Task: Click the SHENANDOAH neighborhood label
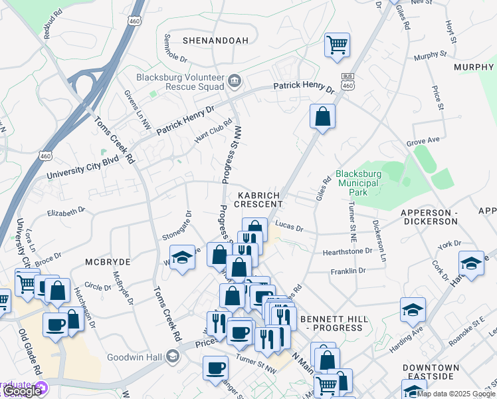point(206,41)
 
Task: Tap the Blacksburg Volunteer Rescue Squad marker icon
point(235,81)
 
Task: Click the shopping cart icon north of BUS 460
point(337,45)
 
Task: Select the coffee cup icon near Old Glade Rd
point(56,326)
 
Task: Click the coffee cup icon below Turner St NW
point(215,368)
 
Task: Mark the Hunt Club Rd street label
point(213,130)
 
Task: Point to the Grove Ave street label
point(424,141)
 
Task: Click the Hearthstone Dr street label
point(347,251)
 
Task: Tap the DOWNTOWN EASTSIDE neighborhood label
point(431,372)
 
